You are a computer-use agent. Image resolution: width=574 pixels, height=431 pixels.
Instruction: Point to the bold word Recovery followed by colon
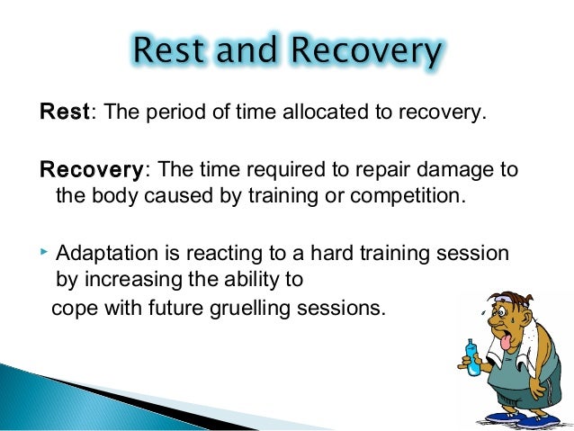tap(89, 171)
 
